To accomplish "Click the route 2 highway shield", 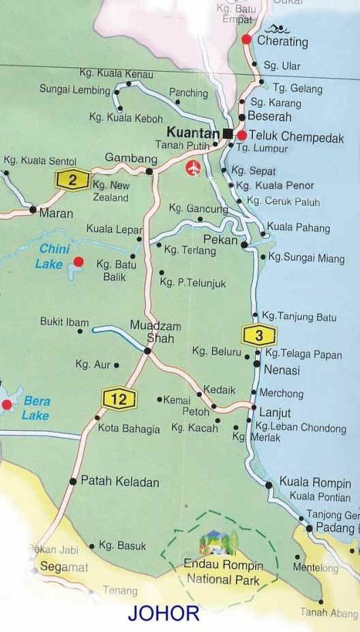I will point(72,180).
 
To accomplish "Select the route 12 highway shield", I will point(119,399).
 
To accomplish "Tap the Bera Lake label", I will point(36,408).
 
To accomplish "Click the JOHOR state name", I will point(164,612).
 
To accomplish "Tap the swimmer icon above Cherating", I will point(277,29).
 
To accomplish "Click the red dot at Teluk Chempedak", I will point(241,134).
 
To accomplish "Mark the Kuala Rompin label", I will point(315,483).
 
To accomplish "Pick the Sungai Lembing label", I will point(74,90).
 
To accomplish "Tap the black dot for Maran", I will point(33,210).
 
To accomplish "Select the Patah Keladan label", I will point(119,482).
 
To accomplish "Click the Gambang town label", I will point(127,158).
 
